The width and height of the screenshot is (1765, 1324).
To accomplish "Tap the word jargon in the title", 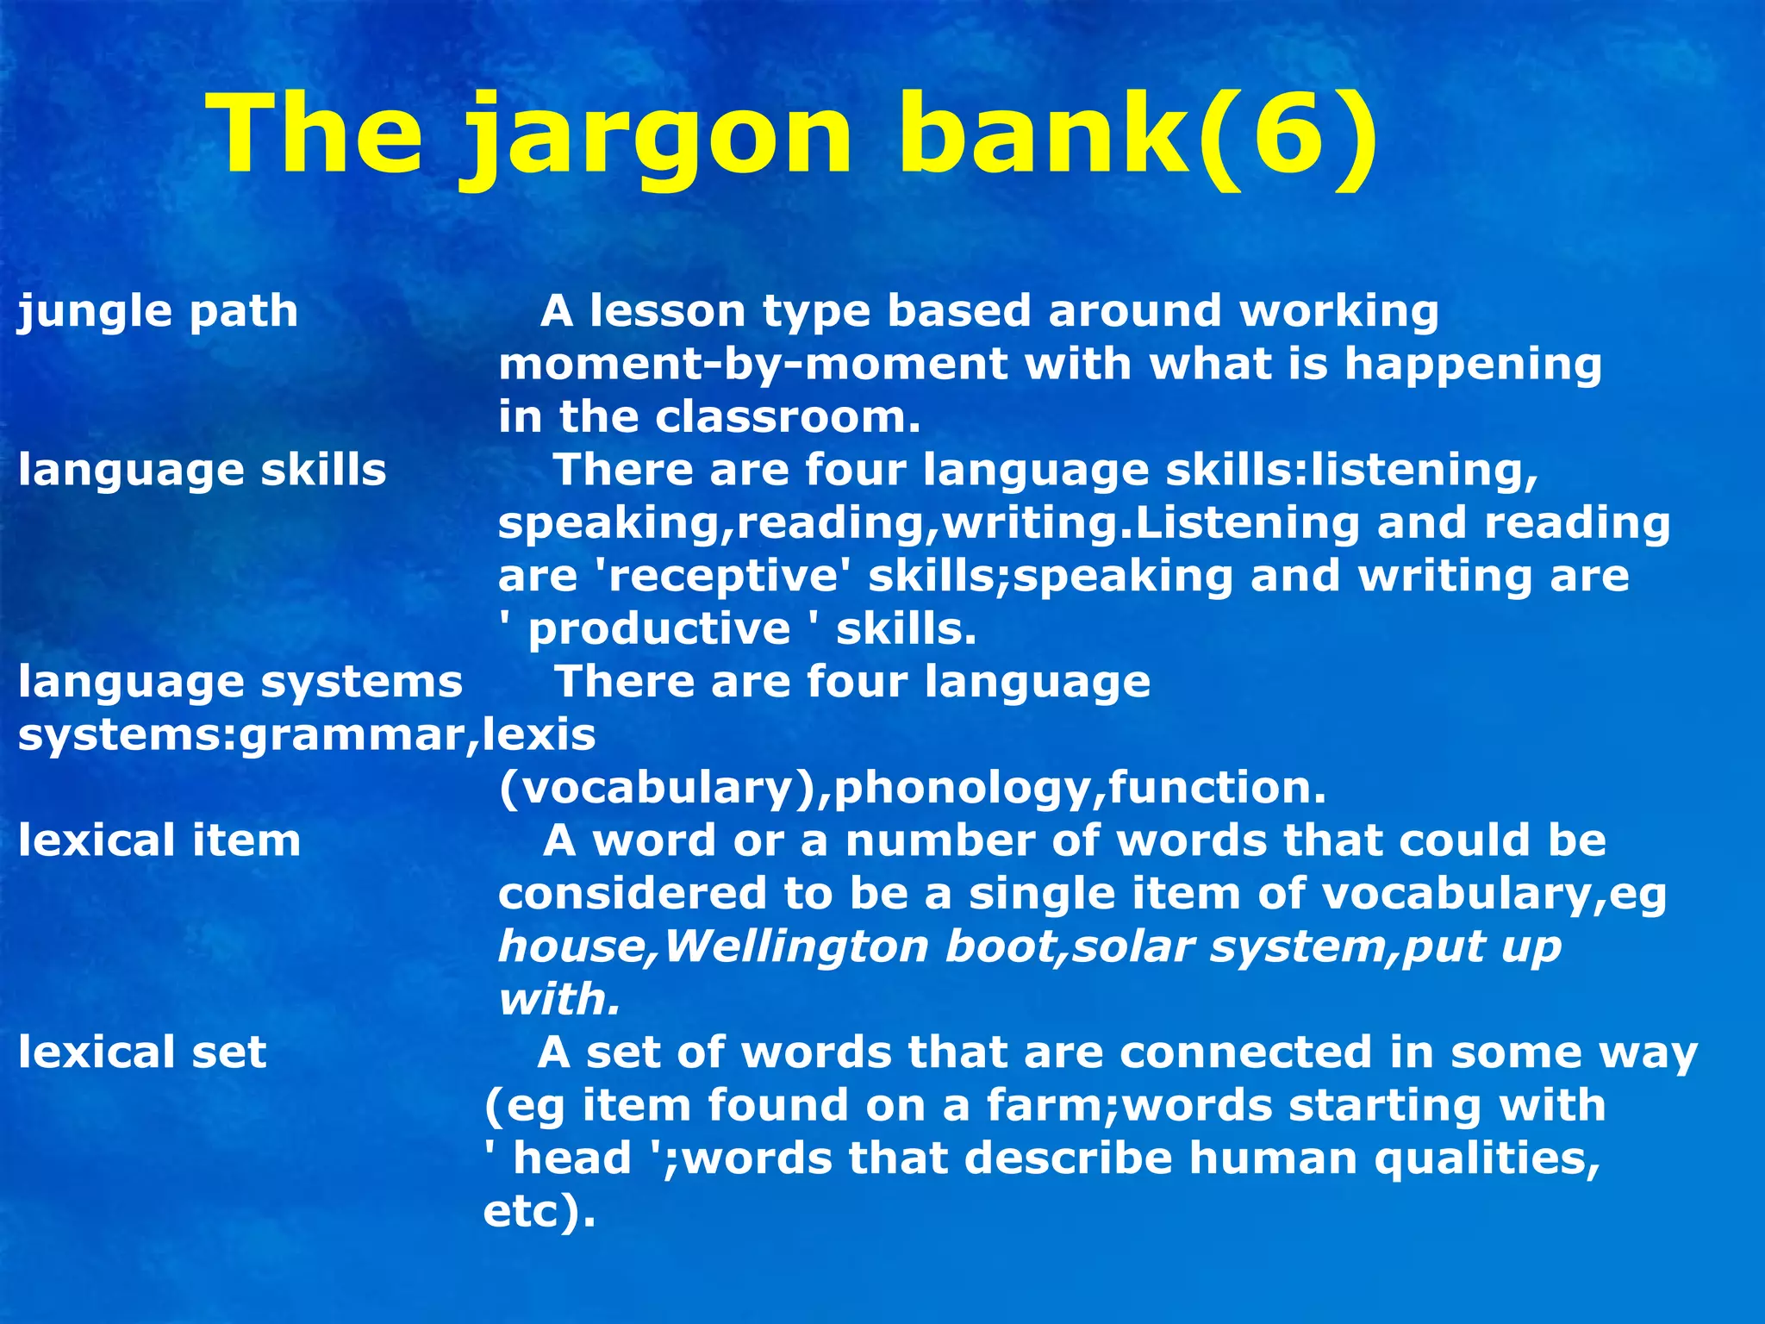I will point(659,138).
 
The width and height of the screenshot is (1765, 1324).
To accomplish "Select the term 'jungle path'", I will point(158,311).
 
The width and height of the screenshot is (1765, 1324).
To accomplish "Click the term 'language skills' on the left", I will point(203,471).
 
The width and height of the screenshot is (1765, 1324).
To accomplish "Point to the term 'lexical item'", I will point(159,841).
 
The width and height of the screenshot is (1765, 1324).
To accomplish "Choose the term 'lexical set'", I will point(142,1053).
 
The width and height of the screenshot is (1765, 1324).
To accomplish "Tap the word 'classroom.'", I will point(788,418).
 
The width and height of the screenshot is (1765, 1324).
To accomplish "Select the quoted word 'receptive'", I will point(723,576).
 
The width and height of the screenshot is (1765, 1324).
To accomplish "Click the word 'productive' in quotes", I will point(659,629).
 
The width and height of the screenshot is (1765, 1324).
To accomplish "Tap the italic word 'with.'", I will point(559,1000).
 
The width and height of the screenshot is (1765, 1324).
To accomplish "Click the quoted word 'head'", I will point(572,1158).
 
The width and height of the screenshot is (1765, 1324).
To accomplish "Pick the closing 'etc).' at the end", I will point(539,1212).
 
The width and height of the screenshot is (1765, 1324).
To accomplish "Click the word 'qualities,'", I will point(1487,1158).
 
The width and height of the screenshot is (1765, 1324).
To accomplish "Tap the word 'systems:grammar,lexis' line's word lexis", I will point(539,735).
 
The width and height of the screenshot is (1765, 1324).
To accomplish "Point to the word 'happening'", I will point(1473,365).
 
